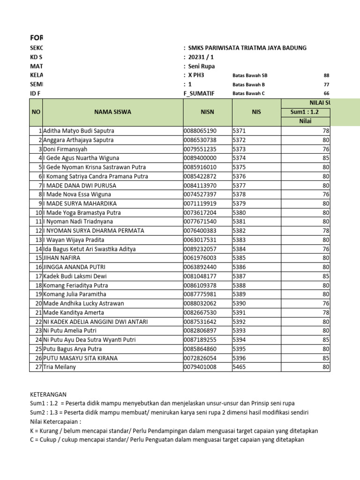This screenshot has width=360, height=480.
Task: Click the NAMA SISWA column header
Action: (112, 112)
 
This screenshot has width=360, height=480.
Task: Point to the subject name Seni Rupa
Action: (202, 66)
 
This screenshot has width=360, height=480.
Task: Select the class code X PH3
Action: (196, 75)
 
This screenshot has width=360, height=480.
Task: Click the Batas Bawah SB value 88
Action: (326, 75)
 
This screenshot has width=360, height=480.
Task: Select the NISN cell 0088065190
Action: (200, 131)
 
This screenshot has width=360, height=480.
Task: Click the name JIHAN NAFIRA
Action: (61, 258)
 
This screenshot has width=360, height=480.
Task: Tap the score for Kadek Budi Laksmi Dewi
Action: (326, 276)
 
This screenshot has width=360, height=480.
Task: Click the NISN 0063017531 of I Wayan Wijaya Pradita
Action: (200, 240)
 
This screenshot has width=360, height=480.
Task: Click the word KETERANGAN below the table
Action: (48, 395)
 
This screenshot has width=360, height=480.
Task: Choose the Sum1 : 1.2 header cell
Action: (304, 112)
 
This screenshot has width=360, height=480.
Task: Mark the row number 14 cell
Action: (39, 249)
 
